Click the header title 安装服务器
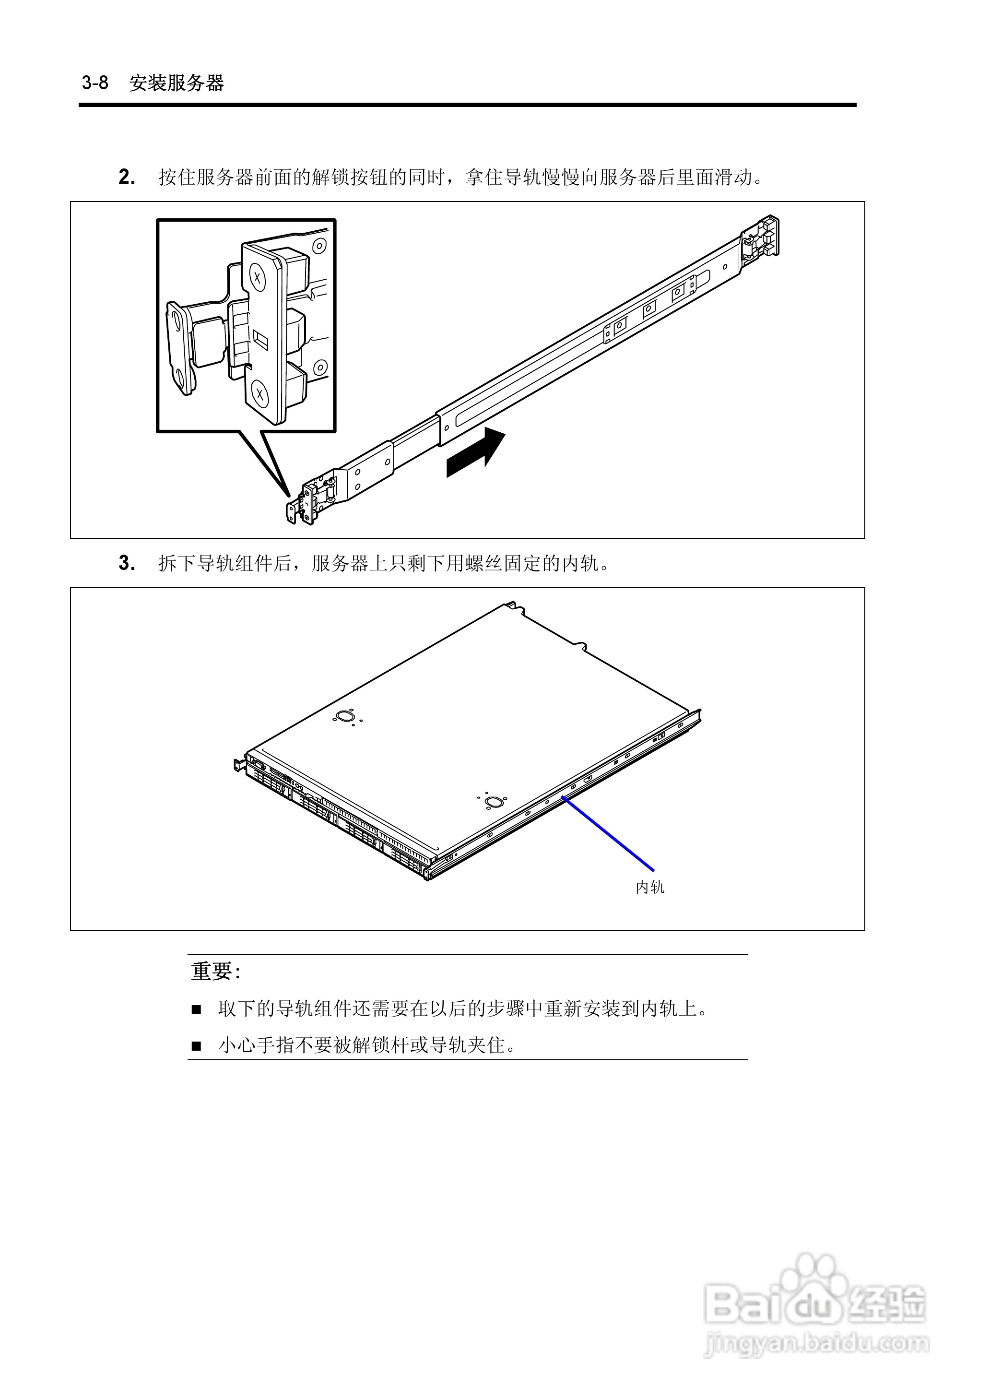pos(177,83)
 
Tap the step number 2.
pos(126,178)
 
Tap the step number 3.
pos(126,563)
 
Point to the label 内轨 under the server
pos(650,888)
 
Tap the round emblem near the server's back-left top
pos(344,716)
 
